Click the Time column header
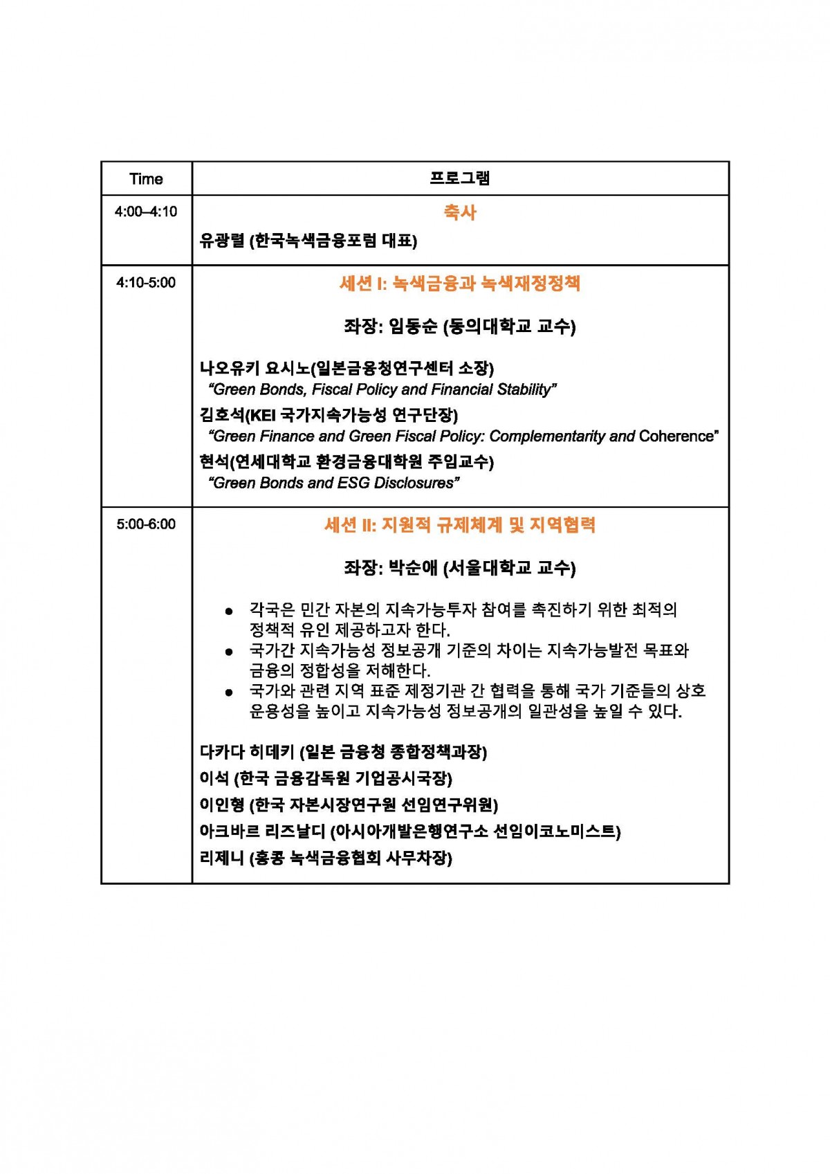pyautogui.click(x=146, y=179)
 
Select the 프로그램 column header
pyautogui.click(x=460, y=178)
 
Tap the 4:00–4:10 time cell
pyautogui.click(x=146, y=212)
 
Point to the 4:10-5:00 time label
pyautogui.click(x=146, y=282)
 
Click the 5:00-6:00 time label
pyautogui.click(x=146, y=524)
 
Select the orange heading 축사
pyautogui.click(x=460, y=212)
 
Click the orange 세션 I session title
pyautogui.click(x=460, y=283)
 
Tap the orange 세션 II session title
pyautogui.click(x=460, y=525)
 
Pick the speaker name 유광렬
pyautogui.click(x=221, y=241)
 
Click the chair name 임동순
pyautogui.click(x=414, y=326)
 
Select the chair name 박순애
pyautogui.click(x=413, y=568)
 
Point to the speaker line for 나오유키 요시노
pyautogui.click(x=347, y=368)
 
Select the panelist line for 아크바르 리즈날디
pyautogui.click(x=409, y=831)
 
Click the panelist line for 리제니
pyautogui.click(x=325, y=858)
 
